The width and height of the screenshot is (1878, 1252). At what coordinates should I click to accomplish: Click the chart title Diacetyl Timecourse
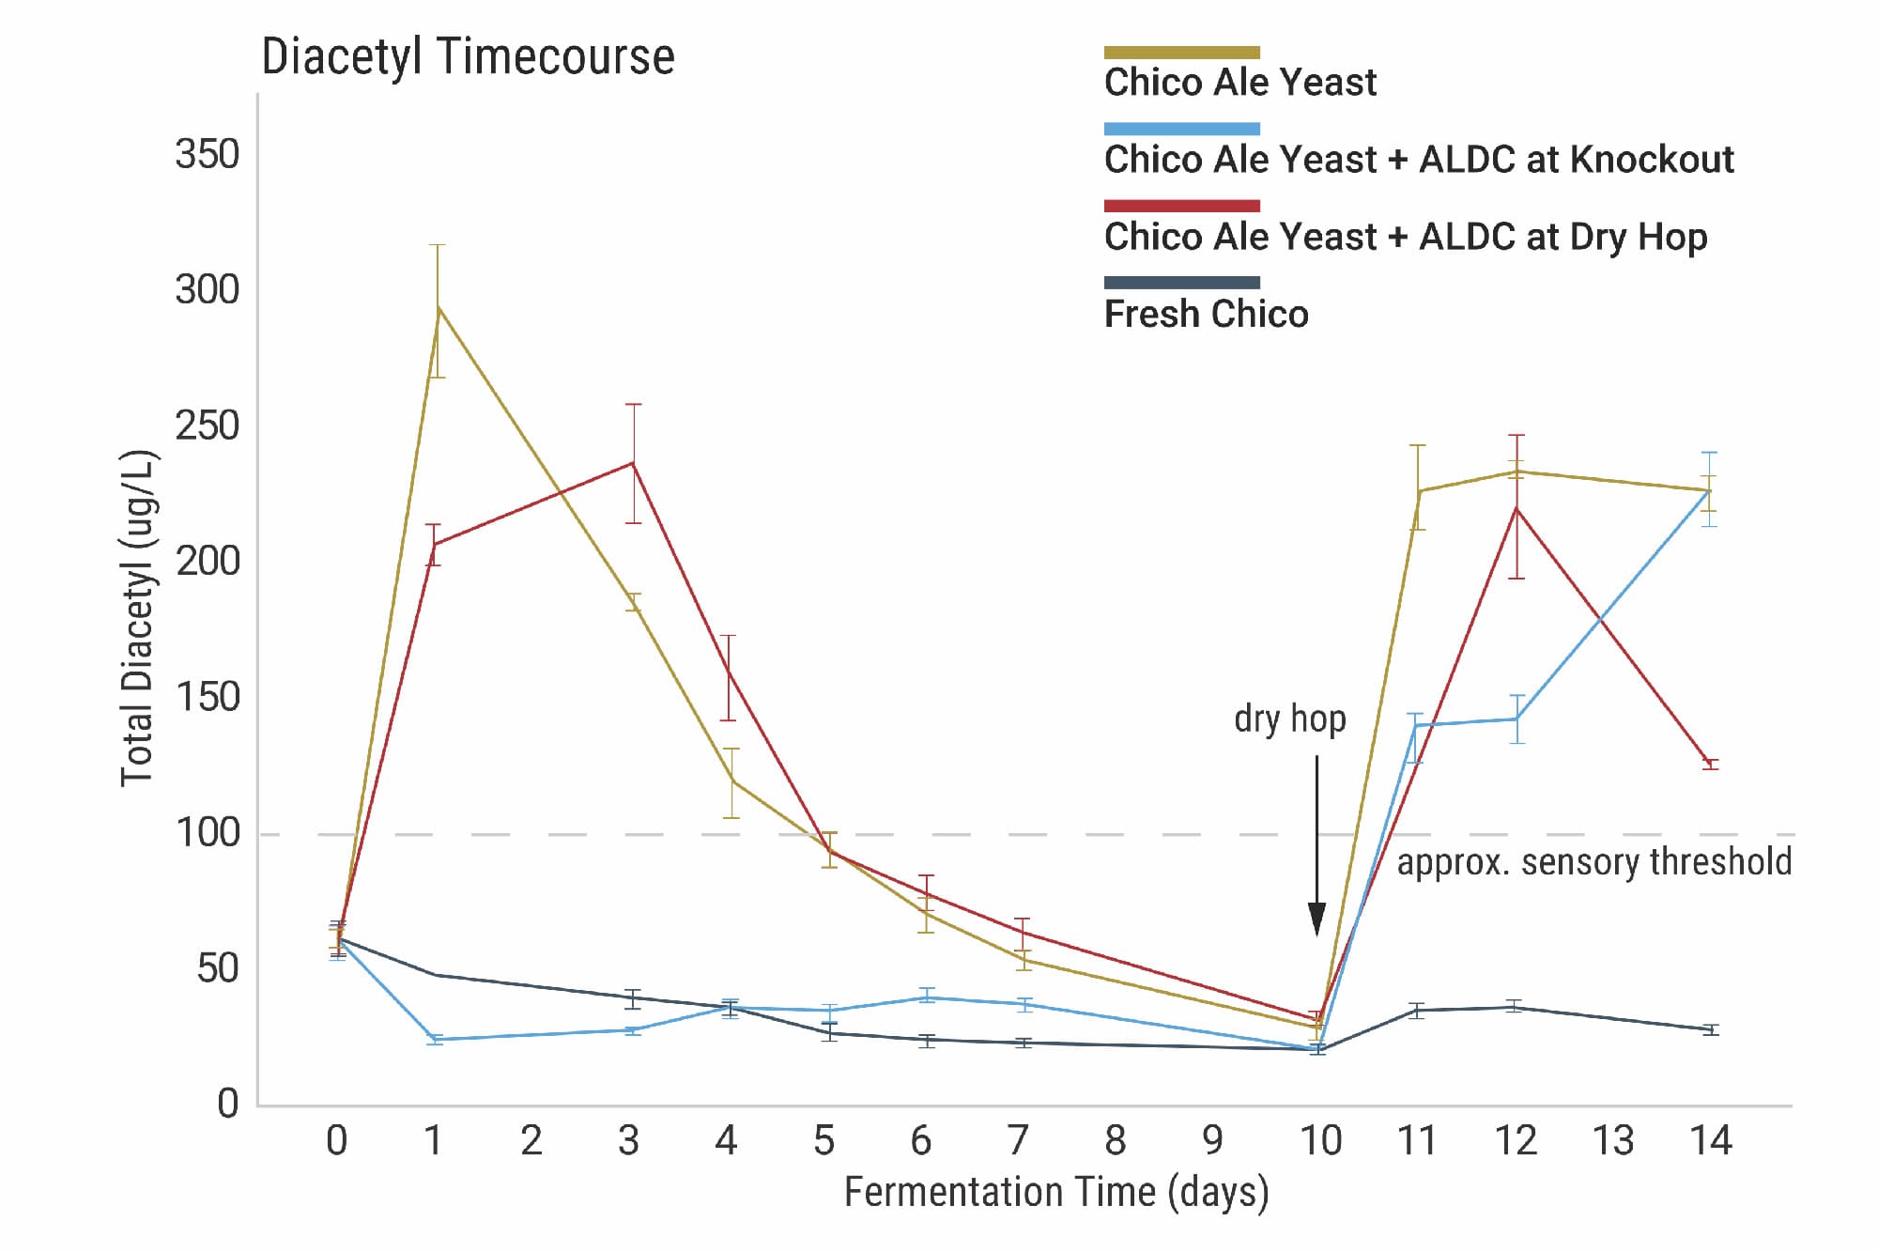click(x=468, y=57)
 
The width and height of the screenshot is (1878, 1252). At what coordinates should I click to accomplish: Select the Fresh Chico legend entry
click(x=1206, y=314)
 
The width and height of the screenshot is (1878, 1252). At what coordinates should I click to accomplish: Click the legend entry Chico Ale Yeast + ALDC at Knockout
click(x=1418, y=160)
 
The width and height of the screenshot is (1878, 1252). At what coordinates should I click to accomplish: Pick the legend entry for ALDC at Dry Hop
click(x=1405, y=237)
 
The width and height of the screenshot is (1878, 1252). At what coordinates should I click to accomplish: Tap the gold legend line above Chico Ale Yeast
click(x=1181, y=53)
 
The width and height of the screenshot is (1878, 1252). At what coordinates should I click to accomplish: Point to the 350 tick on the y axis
click(x=208, y=154)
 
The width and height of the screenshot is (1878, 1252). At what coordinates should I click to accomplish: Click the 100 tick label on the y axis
click(x=208, y=833)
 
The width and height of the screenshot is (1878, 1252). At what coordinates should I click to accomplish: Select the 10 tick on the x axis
click(x=1319, y=1140)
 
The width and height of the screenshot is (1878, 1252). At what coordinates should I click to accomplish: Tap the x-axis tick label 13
click(x=1612, y=1140)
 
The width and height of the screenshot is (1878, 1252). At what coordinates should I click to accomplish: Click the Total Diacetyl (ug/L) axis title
click(x=137, y=618)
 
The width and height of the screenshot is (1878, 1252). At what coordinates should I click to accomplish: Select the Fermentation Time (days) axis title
click(x=1056, y=1192)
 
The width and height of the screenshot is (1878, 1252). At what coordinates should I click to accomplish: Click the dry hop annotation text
click(x=1289, y=719)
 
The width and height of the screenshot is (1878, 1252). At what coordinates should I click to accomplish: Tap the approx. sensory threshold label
click(x=1593, y=861)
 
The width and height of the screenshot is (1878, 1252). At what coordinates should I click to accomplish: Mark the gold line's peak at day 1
click(x=438, y=307)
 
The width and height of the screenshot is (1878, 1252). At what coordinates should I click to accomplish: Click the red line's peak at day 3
click(x=634, y=462)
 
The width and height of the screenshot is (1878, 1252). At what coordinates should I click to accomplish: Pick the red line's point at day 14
click(x=1711, y=764)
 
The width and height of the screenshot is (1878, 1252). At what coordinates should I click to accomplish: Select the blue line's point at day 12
click(x=1516, y=719)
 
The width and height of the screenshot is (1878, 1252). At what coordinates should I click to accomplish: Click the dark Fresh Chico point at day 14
click(x=1711, y=1029)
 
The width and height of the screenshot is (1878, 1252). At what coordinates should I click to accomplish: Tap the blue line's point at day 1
click(x=436, y=1040)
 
